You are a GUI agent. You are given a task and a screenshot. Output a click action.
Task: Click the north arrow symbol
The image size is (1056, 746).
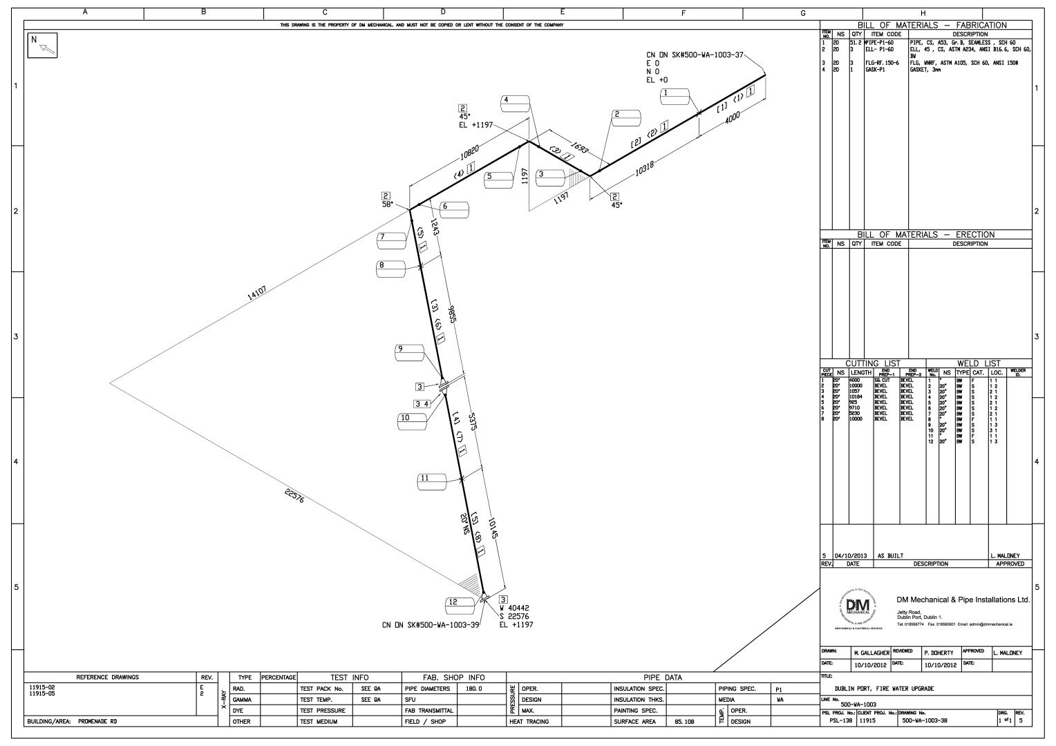[x=42, y=45]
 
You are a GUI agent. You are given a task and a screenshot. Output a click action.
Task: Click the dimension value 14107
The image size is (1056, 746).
[x=256, y=294]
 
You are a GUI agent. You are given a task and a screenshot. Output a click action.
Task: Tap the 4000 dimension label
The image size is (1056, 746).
[x=733, y=119]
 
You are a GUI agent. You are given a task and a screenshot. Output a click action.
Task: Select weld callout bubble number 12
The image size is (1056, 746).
[x=460, y=602]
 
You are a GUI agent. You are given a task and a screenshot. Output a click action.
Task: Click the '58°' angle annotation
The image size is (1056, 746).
[x=387, y=204]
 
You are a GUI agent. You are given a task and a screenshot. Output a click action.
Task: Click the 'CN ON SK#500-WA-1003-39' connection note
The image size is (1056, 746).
[x=431, y=625]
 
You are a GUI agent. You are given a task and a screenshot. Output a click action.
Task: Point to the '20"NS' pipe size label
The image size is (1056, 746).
[x=464, y=525]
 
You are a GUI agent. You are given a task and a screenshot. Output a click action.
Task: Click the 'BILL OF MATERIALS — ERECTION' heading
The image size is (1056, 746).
[x=925, y=235]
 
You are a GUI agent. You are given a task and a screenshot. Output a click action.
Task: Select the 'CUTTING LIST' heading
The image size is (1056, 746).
[x=873, y=363]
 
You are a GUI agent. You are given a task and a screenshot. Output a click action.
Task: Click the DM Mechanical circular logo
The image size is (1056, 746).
[x=857, y=608]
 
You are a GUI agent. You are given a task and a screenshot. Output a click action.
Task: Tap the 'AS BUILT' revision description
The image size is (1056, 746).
[x=891, y=555]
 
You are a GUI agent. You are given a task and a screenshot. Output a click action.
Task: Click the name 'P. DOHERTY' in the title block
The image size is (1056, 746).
[x=939, y=652]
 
